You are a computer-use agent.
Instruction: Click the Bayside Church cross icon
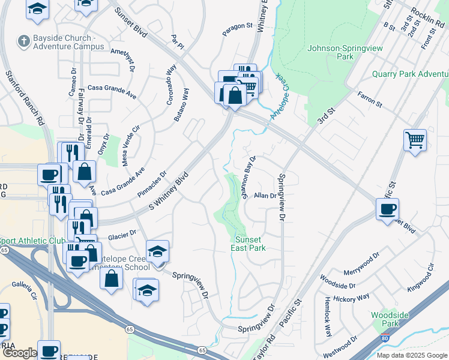pyautogui.click(x=24, y=41)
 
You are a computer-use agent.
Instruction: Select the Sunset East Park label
pyautogui.click(x=249, y=243)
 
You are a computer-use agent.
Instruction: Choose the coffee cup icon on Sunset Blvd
pyautogui.click(x=387, y=209)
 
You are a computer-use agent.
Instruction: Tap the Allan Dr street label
pyautogui.click(x=265, y=196)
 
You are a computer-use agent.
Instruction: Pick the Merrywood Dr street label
pyautogui.click(x=362, y=263)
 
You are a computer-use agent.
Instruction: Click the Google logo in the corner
pyautogui.click(x=20, y=353)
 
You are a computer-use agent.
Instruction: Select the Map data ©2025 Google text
pyautogui.click(x=411, y=355)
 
